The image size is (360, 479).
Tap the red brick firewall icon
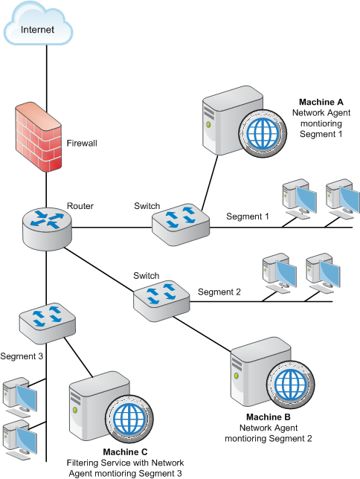pyautogui.click(x=39, y=138)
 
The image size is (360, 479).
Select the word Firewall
pyautogui.click(x=82, y=143)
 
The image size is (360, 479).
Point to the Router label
pyautogui.click(x=80, y=206)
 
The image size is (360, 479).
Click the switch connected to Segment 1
pyautogui.click(x=181, y=224)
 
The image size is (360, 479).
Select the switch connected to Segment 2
pyautogui.click(x=161, y=301)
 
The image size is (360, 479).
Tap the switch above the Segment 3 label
pyautogui.click(x=48, y=324)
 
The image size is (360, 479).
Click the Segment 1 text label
pyautogui.click(x=248, y=216)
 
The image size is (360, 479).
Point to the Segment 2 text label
pyautogui.click(x=219, y=292)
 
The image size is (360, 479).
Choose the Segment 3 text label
pyautogui.click(x=22, y=356)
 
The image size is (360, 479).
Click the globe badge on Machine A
pyautogui.click(x=263, y=133)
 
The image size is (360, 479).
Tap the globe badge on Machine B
pyautogui.click(x=290, y=385)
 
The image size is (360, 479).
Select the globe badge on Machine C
pyautogui.click(x=129, y=419)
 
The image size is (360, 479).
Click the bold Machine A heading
pyautogui.click(x=321, y=102)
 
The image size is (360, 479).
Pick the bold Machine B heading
pyautogui.click(x=269, y=417)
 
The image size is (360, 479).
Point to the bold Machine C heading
pyautogui.click(x=125, y=451)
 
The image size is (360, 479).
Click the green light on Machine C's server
pyautogui.click(x=74, y=409)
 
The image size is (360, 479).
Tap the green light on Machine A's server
pyautogui.click(x=208, y=125)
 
